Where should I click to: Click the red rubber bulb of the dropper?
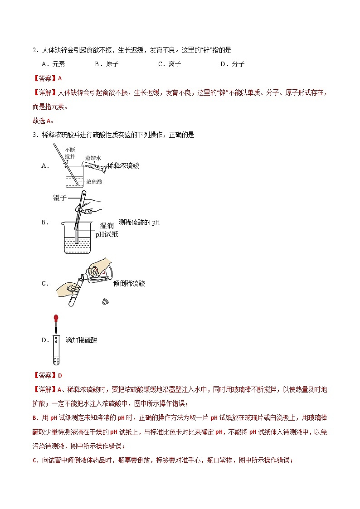(56, 318)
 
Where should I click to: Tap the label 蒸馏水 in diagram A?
(92, 158)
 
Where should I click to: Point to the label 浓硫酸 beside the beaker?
(94, 181)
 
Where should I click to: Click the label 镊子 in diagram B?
(59, 198)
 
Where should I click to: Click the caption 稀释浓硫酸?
(123, 165)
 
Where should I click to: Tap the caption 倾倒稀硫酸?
(129, 283)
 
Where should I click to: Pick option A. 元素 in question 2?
(53, 64)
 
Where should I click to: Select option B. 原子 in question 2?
(107, 64)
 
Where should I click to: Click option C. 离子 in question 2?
(170, 64)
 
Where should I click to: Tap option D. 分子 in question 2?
(233, 64)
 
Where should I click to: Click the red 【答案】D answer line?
(47, 375)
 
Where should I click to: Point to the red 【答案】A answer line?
(47, 78)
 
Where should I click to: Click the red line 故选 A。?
(43, 121)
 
